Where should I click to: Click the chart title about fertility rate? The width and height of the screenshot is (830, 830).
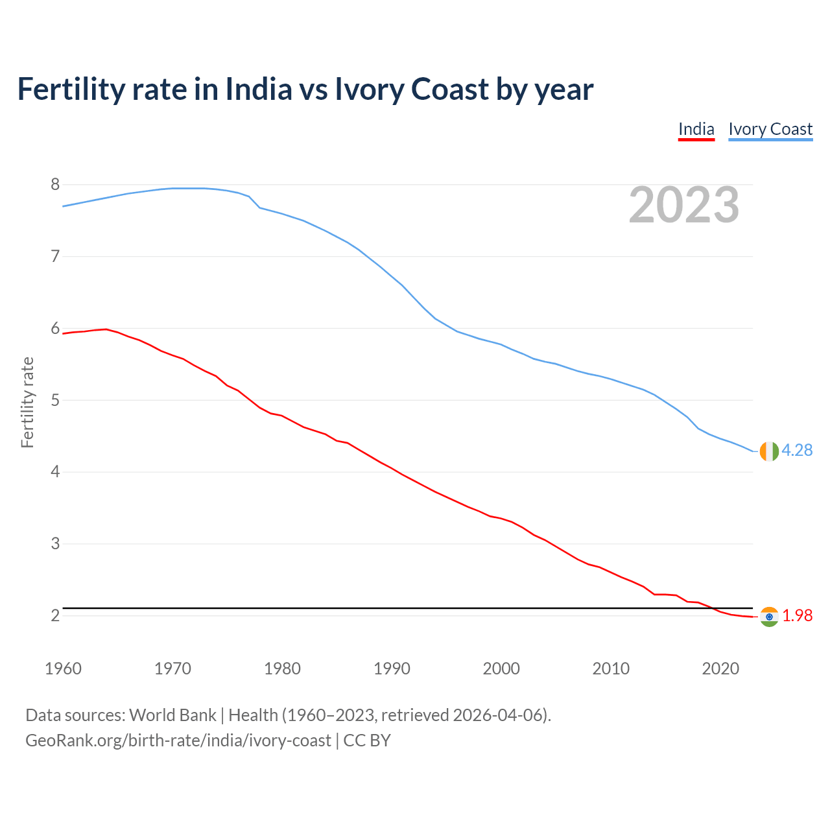point(305,89)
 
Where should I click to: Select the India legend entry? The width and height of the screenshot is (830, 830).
point(696,129)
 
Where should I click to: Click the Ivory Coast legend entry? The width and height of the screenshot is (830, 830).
point(770,129)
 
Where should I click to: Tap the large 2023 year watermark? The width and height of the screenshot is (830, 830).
point(684,205)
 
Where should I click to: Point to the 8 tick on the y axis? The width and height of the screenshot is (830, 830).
point(55,185)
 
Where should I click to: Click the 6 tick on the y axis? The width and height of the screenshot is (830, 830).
point(55,329)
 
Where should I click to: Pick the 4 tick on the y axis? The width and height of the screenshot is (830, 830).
point(55,472)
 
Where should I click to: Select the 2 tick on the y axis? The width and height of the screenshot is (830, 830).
point(55,615)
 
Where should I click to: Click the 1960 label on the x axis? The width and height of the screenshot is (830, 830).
point(63,669)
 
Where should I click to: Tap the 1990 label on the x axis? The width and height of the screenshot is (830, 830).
point(392,669)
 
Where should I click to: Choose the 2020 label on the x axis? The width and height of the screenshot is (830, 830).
point(720,669)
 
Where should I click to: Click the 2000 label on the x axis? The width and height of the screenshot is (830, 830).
point(501,669)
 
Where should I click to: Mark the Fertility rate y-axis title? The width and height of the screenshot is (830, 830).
point(27,402)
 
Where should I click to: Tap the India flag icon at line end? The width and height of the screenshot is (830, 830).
point(769,617)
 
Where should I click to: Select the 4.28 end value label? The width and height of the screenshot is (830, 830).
point(797,451)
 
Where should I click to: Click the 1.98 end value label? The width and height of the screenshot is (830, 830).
point(797,616)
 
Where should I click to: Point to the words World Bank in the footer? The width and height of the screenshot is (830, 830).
point(172,715)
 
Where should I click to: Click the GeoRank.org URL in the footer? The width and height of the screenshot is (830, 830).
point(178,741)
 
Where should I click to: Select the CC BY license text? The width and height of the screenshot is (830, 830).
point(367,741)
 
